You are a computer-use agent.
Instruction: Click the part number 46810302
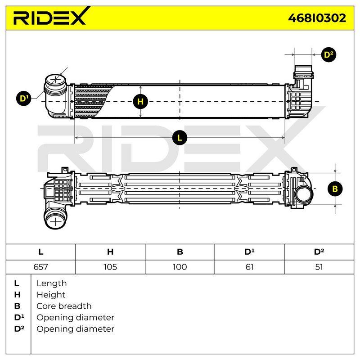(317, 18)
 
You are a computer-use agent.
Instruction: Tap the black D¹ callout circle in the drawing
(24, 99)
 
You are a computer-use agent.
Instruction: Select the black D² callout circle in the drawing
(328, 55)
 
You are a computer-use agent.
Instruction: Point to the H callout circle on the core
(140, 102)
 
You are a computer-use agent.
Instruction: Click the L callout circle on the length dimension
(180, 138)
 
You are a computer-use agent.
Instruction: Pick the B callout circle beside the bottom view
(335, 189)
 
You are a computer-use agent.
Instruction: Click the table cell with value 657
(40, 267)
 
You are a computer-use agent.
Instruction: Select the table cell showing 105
(110, 267)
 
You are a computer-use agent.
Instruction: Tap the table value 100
(180, 267)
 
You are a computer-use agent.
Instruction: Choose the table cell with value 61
(249, 267)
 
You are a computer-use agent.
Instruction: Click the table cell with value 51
(319, 267)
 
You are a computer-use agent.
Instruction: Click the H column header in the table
(110, 252)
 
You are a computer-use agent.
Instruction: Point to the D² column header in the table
(319, 252)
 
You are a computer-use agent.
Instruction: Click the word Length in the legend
(52, 283)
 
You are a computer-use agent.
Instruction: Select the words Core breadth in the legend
(64, 306)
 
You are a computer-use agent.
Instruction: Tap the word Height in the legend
(51, 295)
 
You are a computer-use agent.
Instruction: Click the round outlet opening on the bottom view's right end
(304, 194)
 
